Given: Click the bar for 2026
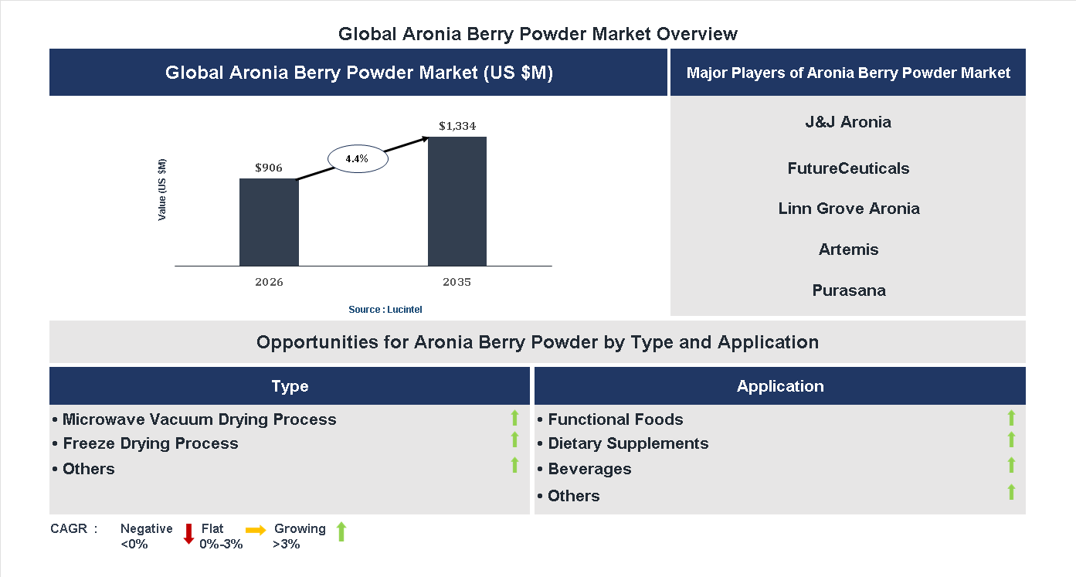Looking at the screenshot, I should [269, 222].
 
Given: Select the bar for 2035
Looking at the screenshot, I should [457, 202].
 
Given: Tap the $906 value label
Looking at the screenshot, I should [269, 167].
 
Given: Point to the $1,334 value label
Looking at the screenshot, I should [457, 125].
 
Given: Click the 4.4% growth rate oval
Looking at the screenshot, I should [357, 158].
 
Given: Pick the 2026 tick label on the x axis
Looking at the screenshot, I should [269, 282].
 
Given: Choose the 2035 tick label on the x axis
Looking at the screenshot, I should [457, 282].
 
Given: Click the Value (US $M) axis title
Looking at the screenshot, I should [162, 190].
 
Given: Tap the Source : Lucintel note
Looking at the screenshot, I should [385, 309].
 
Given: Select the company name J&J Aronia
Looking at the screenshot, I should [848, 122].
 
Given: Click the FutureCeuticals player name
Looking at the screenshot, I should [848, 168].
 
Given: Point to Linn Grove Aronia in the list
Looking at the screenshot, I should [848, 209].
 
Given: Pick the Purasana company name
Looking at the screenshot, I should [848, 290].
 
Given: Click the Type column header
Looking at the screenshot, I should [290, 386].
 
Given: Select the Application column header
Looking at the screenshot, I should [780, 386].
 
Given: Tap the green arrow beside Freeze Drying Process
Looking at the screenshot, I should [514, 440].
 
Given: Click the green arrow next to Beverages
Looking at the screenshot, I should [1011, 465].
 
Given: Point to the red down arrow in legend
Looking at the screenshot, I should [188, 534].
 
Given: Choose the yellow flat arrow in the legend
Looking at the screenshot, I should [256, 530].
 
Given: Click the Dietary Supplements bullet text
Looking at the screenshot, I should [627, 443].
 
